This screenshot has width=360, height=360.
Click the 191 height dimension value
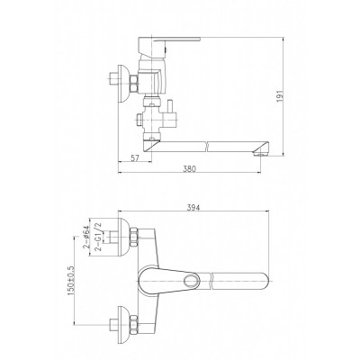click(x=280, y=95)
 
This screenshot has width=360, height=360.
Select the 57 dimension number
click(x=136, y=158)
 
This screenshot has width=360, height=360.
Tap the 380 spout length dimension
click(x=189, y=169)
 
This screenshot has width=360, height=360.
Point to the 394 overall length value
click(x=193, y=207)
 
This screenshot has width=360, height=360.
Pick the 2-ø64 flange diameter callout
click(x=85, y=237)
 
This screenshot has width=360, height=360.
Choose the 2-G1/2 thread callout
click(x=97, y=237)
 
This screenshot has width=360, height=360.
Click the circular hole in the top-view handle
click(x=192, y=281)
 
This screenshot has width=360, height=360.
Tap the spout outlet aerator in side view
click(x=261, y=155)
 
